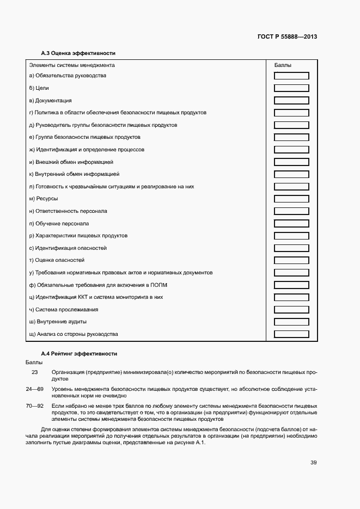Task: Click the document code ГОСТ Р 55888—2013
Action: tap(286, 37)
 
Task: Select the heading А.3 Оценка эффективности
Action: tap(78, 53)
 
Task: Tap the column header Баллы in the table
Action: tap(282, 65)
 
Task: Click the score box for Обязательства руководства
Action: tap(291, 76)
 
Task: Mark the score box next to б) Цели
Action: tap(291, 88)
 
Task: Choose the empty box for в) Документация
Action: tap(291, 101)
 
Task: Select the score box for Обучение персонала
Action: tap(291, 224)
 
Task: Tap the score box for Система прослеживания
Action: tap(291, 310)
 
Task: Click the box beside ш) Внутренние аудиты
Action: tap(291, 322)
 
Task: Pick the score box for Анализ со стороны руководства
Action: tap(291, 334)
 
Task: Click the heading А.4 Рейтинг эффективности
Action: tap(79, 353)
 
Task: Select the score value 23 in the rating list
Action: tap(35, 372)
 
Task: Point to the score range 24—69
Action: tap(34, 389)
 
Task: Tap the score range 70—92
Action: tap(34, 406)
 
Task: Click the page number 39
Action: tap(313, 463)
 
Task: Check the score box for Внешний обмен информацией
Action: tap(291, 162)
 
